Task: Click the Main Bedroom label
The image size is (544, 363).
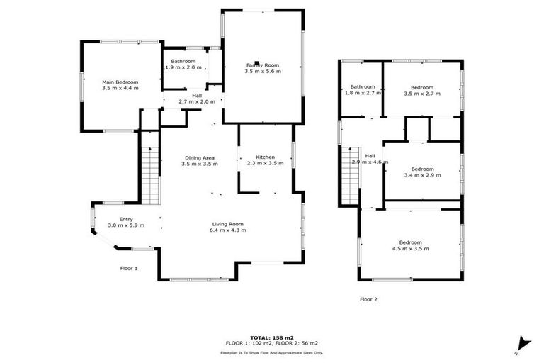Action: (120, 82)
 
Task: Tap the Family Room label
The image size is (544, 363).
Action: (263, 65)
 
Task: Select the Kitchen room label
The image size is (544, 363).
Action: (265, 157)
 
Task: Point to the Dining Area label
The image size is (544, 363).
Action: (200, 157)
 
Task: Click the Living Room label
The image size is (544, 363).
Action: (227, 224)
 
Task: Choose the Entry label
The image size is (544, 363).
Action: (126, 219)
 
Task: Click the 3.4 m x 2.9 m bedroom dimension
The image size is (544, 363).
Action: (422, 175)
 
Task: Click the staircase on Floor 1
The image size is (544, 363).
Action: (150, 174)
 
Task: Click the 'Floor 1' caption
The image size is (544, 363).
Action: (128, 268)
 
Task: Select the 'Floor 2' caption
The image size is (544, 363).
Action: (368, 299)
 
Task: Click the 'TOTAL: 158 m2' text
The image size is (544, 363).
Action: (271, 337)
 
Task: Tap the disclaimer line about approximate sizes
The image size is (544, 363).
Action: (271, 352)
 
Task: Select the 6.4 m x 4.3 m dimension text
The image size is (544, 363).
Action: (227, 230)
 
